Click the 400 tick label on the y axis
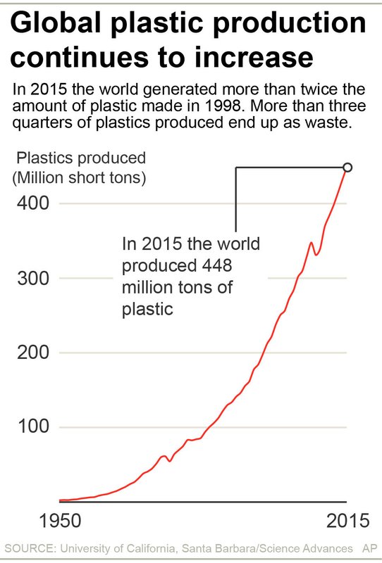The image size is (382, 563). click(x=34, y=203)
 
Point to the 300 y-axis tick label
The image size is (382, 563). click(x=34, y=278)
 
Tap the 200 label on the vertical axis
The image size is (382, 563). click(x=34, y=353)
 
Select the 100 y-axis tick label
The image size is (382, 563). click(x=34, y=427)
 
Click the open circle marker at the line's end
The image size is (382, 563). click(x=347, y=167)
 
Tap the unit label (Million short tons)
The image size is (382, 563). click(x=79, y=178)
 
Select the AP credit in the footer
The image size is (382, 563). click(x=369, y=548)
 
